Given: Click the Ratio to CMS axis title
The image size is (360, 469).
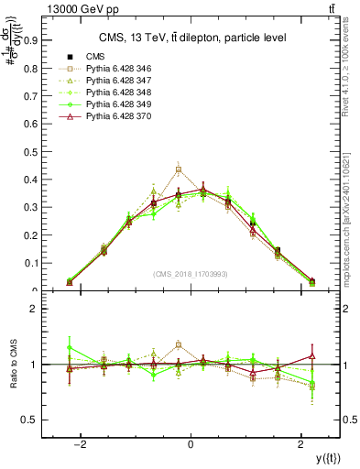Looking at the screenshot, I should click(x=12, y=365).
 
